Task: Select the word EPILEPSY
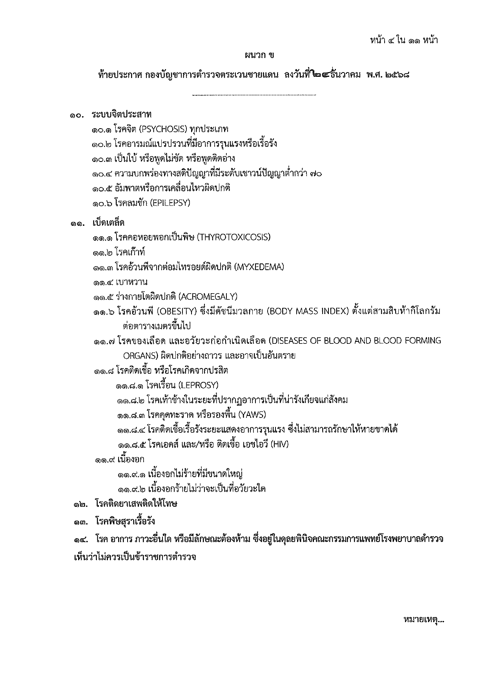click(x=171, y=203)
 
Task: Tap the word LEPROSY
click(x=199, y=385)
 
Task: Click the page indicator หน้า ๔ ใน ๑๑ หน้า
click(x=404, y=40)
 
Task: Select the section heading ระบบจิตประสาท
click(x=122, y=114)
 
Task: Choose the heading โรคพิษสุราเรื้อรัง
click(x=125, y=522)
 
